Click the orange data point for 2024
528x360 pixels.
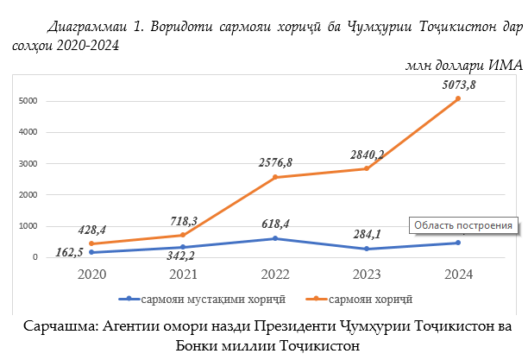(x=457, y=98)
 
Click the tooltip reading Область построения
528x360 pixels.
(x=464, y=225)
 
